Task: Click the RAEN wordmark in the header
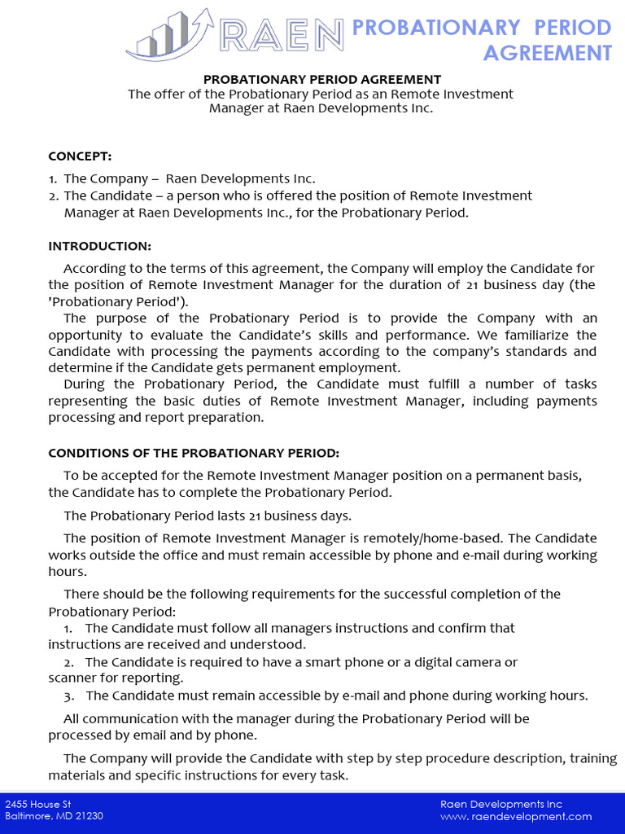pos(282,36)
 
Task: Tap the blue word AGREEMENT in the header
pos(547,53)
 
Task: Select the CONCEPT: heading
pos(80,156)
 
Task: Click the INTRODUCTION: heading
pos(99,246)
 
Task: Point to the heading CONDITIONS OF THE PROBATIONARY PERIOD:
pos(194,453)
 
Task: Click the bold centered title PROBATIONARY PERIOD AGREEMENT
pos(321,79)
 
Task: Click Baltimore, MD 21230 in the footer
pos(54,816)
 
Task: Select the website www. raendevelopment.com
pos(516,816)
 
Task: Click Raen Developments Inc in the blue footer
pos(501,804)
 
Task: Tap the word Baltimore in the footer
pos(28,816)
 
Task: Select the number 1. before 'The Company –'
pos(53,178)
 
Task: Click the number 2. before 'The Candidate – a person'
pos(53,195)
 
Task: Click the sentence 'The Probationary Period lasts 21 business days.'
pos(208,516)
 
